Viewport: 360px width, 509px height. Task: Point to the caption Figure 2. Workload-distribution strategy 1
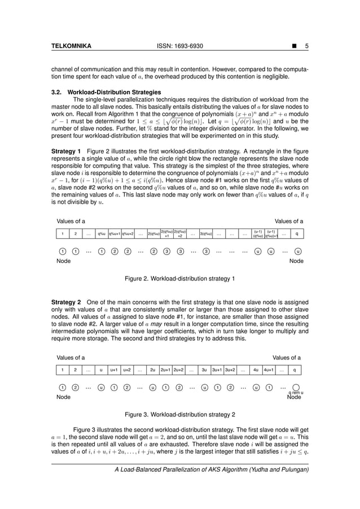[x=179, y=278]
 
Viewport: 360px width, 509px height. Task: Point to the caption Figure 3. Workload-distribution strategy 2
[x=179, y=414]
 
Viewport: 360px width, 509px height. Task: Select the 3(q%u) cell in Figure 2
[x=206, y=234]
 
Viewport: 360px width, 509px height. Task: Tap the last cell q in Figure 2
[x=297, y=234]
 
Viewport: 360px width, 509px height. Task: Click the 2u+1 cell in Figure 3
[x=166, y=370]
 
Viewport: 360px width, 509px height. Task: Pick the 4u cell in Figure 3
[x=256, y=370]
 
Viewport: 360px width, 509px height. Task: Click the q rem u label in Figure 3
[x=296, y=392]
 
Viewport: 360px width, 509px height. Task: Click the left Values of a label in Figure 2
[x=71, y=221]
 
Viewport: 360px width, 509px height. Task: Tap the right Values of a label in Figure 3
[x=287, y=357]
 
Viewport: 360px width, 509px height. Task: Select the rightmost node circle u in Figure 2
[x=298, y=252]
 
